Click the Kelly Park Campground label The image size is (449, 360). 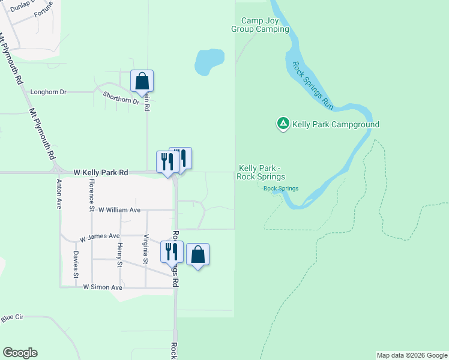coord(336,125)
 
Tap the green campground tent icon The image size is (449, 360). coord(283,124)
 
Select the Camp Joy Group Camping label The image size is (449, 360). coord(261,25)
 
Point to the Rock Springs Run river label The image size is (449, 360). coord(313,85)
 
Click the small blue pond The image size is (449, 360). coord(208,61)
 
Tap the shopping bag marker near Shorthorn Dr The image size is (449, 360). coord(142,81)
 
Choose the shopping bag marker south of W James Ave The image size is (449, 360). coord(198,254)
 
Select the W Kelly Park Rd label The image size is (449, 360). coord(101,172)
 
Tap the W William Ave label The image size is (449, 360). coord(119,210)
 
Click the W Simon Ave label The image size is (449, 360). coord(103,287)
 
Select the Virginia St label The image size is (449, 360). coord(145,249)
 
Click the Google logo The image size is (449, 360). coord(20,353)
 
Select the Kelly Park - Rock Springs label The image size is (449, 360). coord(261,172)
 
